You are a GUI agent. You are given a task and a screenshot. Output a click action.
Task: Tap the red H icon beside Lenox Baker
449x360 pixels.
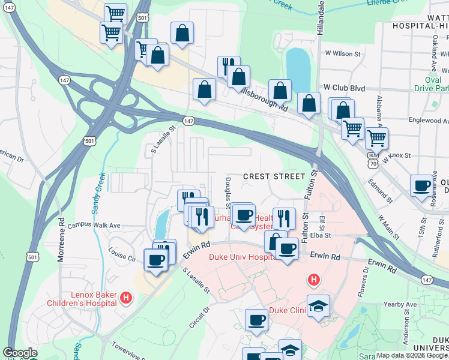pos(126,297)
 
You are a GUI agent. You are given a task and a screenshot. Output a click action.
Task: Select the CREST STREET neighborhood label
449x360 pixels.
pos(274,176)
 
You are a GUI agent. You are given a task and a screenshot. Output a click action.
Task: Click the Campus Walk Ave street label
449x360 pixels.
pos(94,226)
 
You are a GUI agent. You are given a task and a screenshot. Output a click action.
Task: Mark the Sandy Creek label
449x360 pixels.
pos(97,193)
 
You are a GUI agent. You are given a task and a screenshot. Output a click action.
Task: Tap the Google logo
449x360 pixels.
pos(20,353)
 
